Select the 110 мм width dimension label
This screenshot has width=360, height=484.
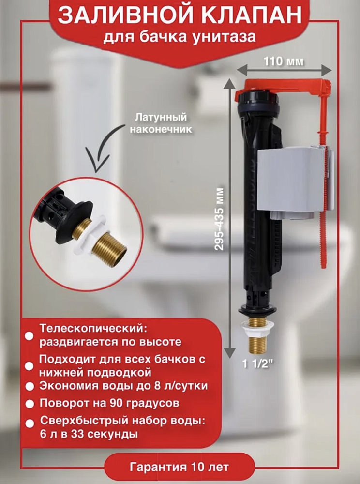[284, 61]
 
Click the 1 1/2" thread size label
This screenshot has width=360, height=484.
[258, 364]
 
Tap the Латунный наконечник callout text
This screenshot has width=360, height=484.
[161, 123]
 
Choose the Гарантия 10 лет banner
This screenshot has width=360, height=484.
[179, 467]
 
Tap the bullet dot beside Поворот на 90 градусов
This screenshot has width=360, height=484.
[30, 404]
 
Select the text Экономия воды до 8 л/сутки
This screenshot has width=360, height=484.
[123, 386]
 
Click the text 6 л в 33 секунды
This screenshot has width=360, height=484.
[89, 434]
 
